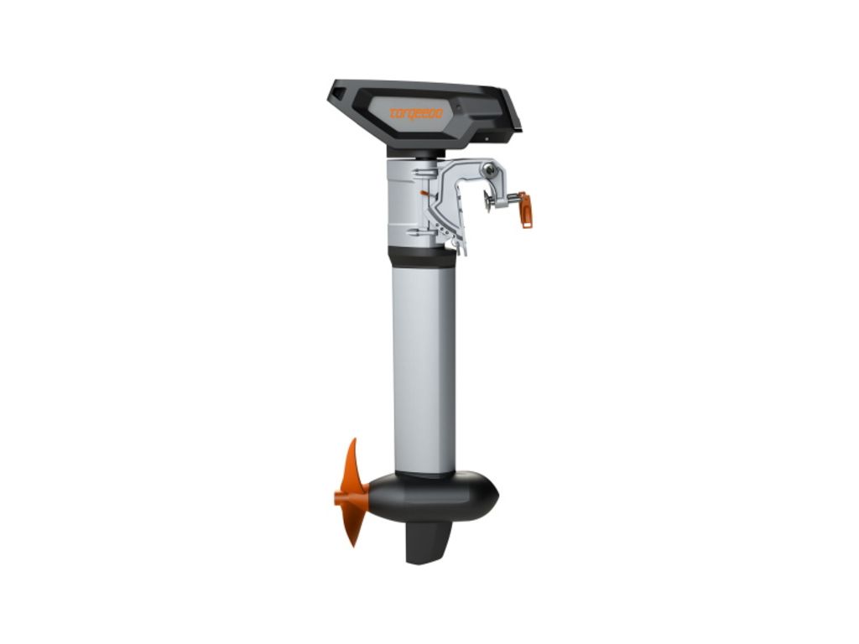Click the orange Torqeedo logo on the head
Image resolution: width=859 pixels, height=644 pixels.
coord(415,114)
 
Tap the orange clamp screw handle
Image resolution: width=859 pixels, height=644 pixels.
coord(525,210)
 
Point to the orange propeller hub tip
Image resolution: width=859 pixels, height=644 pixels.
coord(338,498)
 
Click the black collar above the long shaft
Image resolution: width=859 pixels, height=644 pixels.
coord(421,256)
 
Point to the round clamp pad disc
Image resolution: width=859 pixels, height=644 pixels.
coord(487,201)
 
